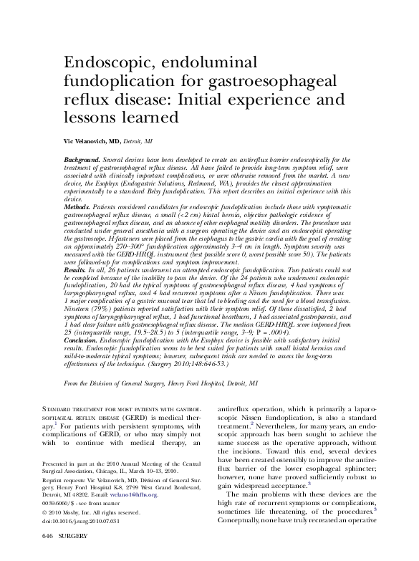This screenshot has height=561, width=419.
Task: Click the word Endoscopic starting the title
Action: click(105, 63)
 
